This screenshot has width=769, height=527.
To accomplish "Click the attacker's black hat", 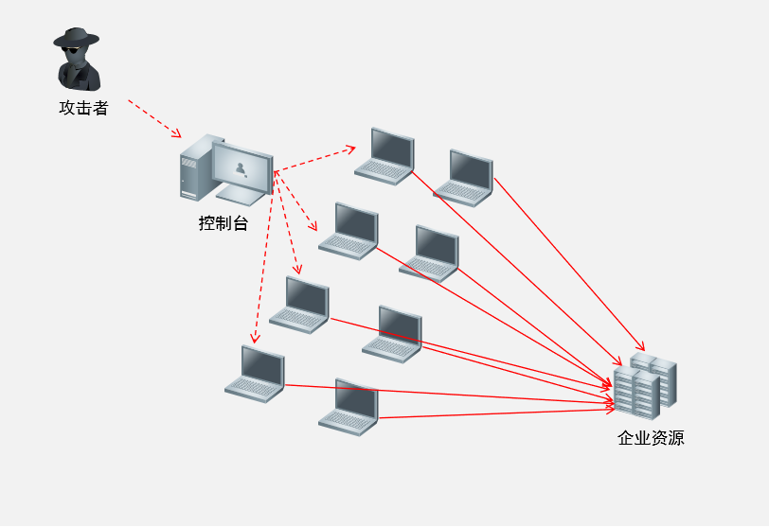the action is point(76,37).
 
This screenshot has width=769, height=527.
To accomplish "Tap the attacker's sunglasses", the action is point(73,49).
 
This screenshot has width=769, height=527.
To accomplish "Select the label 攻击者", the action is point(83,108).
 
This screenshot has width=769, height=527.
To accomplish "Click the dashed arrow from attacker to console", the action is point(154,119).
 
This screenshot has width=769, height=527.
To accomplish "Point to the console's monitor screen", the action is point(242,168).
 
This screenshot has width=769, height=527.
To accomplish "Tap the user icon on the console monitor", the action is point(241,169).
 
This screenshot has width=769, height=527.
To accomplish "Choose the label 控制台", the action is point(224,223).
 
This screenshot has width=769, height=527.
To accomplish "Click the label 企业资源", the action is point(651,437).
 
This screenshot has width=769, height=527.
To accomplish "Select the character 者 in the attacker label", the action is point(100,108).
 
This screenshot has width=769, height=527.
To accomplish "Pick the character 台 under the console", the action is point(241,223).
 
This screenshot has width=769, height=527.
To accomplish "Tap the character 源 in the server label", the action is point(676,437).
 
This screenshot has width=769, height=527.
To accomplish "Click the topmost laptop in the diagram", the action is point(384,156).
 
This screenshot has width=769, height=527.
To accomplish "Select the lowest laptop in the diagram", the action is point(349,407).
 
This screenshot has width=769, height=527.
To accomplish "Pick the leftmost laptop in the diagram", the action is point(255,374).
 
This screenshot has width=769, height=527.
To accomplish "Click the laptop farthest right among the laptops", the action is point(463,178).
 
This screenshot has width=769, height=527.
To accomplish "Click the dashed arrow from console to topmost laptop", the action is point(314,159).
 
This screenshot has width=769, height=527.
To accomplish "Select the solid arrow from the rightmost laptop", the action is point(569,265).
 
